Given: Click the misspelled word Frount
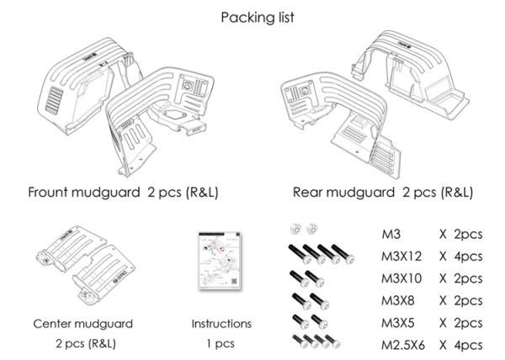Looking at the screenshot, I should (53, 192).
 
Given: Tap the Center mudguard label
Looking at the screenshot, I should (83, 323).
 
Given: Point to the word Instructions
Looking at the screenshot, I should (221, 323).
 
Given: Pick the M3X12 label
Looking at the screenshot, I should (401, 256).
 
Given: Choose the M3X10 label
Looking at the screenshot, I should (401, 278).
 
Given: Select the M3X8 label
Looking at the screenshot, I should (398, 300).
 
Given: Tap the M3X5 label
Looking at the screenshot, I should (398, 322).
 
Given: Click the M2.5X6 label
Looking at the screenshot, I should (403, 344).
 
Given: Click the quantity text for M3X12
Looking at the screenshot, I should (460, 256).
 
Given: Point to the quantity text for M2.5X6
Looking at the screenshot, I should (460, 344).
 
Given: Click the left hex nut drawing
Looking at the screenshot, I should (295, 228).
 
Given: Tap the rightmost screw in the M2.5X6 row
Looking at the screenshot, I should (338, 341).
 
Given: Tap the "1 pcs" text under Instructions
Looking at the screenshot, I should (221, 344).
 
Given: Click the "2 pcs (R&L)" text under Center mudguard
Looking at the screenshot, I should (83, 344).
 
